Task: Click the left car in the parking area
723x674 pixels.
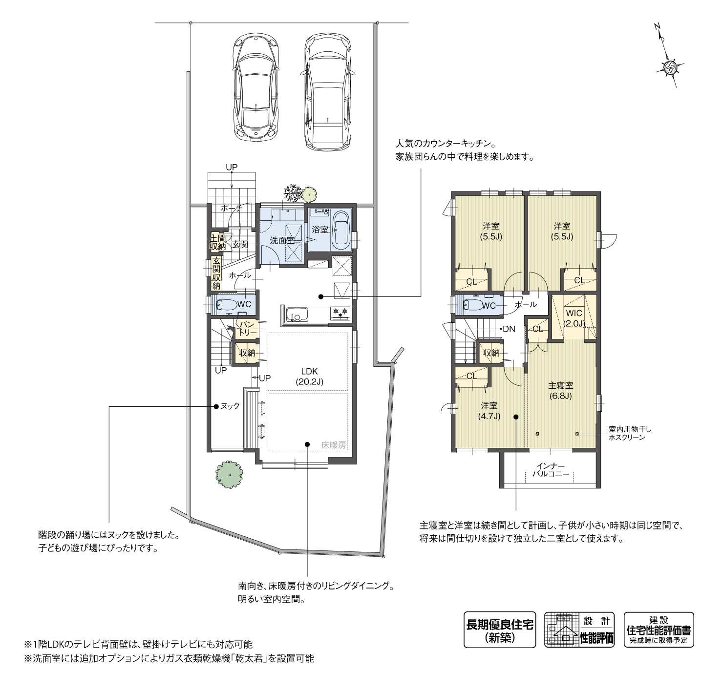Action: tap(256, 87)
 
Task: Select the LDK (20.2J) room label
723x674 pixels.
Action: tap(309, 377)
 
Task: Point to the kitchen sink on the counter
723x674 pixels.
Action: tap(297, 314)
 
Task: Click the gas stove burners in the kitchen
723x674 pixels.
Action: tap(340, 312)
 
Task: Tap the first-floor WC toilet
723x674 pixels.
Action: tap(227, 304)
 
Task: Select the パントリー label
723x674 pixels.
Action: tap(248, 328)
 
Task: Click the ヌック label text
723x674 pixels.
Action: tap(230, 406)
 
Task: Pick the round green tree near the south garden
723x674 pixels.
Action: tap(229, 475)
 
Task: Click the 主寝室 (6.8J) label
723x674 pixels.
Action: tap(561, 390)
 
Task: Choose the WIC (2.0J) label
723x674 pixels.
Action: tap(574, 318)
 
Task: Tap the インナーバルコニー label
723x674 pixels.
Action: tap(551, 470)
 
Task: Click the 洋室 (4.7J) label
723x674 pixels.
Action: tap(489, 411)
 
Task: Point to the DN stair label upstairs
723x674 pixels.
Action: tap(509, 329)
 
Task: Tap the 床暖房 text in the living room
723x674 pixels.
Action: tap(334, 444)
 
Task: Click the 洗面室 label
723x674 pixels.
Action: tap(282, 240)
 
